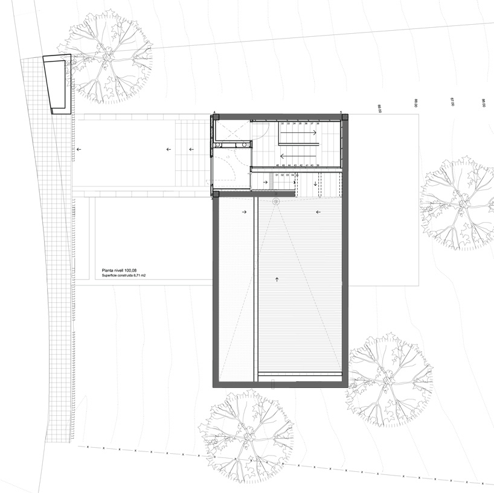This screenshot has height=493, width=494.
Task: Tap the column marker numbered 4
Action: [214, 112]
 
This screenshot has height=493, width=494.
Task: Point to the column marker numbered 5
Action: [341, 112]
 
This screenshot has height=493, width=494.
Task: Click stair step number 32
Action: [282, 123]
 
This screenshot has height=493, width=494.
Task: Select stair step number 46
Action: [277, 165]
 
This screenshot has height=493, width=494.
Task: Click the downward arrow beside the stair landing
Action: [315, 182]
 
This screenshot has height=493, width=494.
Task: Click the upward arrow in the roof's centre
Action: [277, 279]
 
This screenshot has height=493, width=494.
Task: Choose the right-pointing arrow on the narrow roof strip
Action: [244, 212]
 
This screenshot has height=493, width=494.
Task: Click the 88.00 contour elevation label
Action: [416, 103]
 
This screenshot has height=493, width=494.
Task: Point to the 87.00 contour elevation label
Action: [452, 103]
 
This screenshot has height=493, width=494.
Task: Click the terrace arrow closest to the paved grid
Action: [77, 148]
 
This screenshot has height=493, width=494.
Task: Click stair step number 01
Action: [277, 175]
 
